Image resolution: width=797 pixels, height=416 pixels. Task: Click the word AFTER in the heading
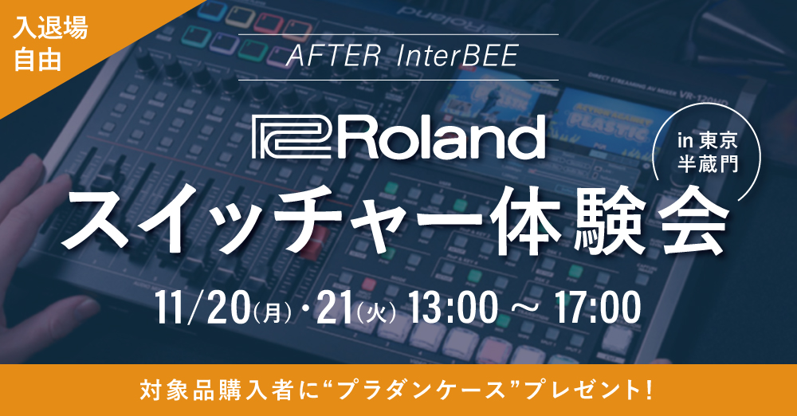tap(333, 57)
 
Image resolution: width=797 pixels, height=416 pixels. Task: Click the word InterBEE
tap(457, 57)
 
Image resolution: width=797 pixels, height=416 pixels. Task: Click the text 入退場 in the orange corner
tap(50, 29)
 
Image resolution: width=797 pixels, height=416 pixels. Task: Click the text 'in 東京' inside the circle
tap(707, 140)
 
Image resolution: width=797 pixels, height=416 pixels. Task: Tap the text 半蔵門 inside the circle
tap(707, 163)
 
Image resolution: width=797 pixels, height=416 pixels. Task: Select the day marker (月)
tap(274, 312)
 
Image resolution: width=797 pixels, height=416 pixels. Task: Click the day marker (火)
tap(377, 312)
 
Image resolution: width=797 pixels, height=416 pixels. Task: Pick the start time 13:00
tap(453, 308)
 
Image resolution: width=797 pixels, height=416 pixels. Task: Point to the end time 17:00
tap(597, 308)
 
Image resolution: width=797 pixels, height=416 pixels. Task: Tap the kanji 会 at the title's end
tap(689, 223)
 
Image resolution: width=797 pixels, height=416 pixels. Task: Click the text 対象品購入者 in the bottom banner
tap(214, 390)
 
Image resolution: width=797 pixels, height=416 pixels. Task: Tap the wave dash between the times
tap(525, 309)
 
